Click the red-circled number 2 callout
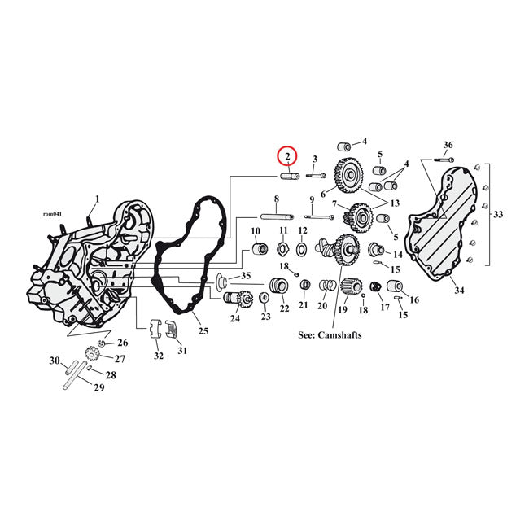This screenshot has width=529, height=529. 288,155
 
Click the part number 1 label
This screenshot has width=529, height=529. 97,199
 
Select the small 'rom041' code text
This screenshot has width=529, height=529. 51,214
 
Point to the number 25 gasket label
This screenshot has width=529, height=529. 203,330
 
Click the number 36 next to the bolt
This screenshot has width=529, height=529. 448,145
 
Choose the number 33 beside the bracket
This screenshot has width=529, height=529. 498,215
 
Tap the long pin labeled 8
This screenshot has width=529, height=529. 277,216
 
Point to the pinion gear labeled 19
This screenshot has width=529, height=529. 352,286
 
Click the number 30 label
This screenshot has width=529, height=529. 55,361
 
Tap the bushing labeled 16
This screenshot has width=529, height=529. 397,286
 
